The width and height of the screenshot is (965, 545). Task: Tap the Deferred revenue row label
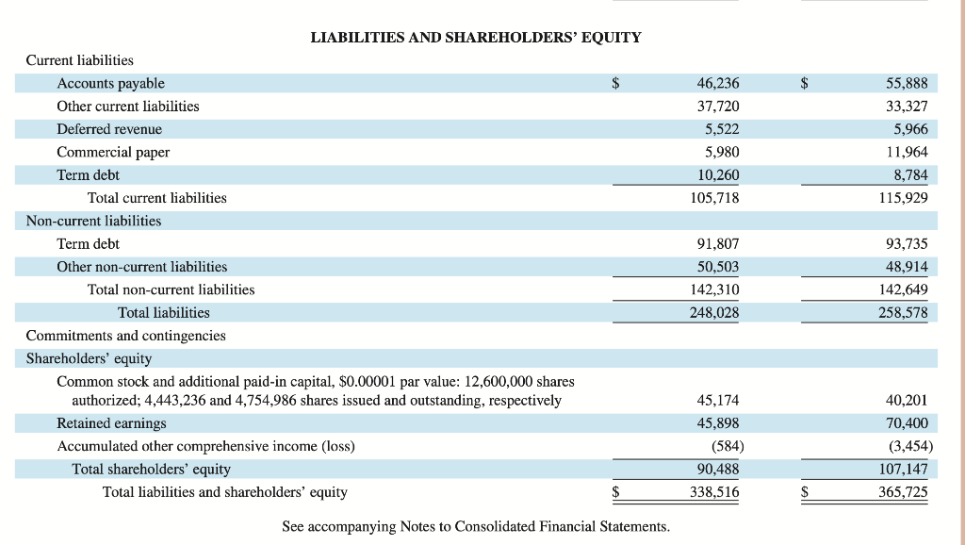pyautogui.click(x=109, y=129)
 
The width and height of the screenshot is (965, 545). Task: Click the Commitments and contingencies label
pyautogui.click(x=125, y=336)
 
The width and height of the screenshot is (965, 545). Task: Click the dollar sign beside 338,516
pyautogui.click(x=617, y=492)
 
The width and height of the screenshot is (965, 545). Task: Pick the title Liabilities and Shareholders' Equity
pyautogui.click(x=476, y=38)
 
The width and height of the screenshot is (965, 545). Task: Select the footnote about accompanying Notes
pyautogui.click(x=476, y=526)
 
